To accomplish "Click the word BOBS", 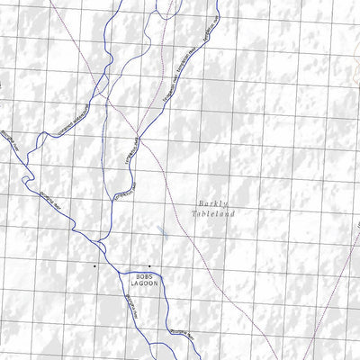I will coord(146,276).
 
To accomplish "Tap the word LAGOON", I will coord(146,283).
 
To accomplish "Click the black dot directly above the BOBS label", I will coord(148,265).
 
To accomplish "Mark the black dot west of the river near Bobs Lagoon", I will coord(94,266).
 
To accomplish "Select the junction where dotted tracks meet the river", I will coord(138,140).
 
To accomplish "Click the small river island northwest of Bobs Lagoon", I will coord(101,246).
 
